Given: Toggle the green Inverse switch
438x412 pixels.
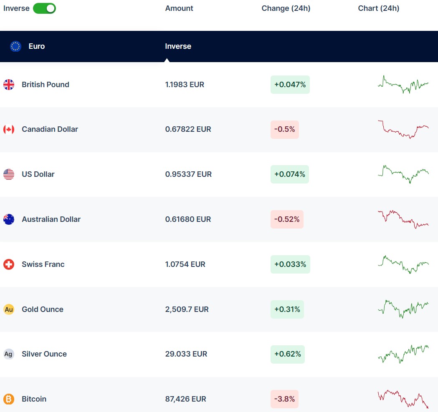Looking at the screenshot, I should pos(44,8).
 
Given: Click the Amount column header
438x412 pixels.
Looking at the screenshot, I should pos(179,8).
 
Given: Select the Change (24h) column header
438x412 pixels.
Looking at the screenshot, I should pos(286,8).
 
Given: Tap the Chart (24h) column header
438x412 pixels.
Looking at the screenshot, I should pos(379,8).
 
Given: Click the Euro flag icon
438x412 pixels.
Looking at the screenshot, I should pos(15,46).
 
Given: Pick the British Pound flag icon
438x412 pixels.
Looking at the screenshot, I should pos(9,85).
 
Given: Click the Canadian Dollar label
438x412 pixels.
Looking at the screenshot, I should pos(50,129).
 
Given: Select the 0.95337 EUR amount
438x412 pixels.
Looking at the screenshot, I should pos(188,174).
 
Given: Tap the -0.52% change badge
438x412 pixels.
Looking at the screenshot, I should pos(287,219).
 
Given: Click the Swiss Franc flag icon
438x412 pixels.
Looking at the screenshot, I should pos(9,264).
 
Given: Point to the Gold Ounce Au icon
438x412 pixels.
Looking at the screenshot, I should pos(9,309).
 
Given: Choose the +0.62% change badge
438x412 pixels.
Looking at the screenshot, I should pos(288,354).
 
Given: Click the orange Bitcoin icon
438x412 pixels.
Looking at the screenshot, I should pos(9,399).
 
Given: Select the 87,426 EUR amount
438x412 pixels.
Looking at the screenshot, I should pos(186,399).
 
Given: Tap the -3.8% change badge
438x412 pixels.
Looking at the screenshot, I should pos(285,399).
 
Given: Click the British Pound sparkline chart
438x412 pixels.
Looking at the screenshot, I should pos(403,85).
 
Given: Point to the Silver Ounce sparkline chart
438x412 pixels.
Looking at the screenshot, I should pos(403,354).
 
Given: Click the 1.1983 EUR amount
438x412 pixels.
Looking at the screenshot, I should pos(185,85).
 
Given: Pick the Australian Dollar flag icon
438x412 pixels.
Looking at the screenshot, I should pos(9,219).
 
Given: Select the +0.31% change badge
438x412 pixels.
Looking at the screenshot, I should pos(287,309).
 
